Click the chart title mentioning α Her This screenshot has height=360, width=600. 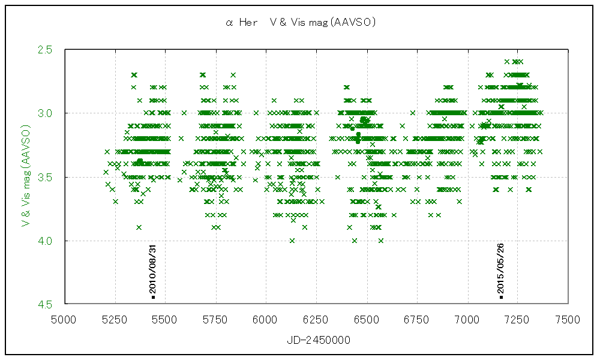pos(301,23)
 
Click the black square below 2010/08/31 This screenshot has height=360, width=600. pos(153,297)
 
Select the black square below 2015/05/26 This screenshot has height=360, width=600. pos(501,297)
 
